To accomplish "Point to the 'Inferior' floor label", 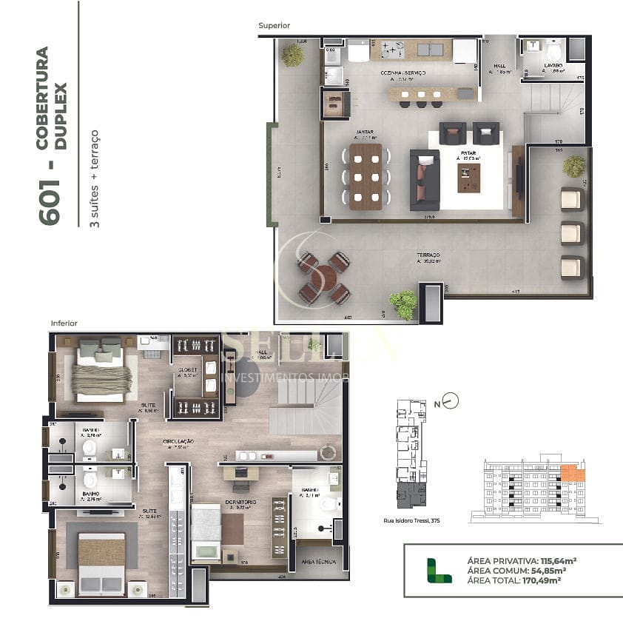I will click(x=64, y=323).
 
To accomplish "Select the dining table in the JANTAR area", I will click(x=366, y=176).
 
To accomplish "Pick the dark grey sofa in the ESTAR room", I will click(x=425, y=179).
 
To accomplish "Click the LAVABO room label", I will click(x=553, y=66).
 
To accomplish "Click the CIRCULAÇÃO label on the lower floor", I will click(x=179, y=441).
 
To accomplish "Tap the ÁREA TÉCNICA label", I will click(x=317, y=562).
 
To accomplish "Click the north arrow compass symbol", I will click(x=450, y=402).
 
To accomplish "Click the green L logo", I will click(x=439, y=571).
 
